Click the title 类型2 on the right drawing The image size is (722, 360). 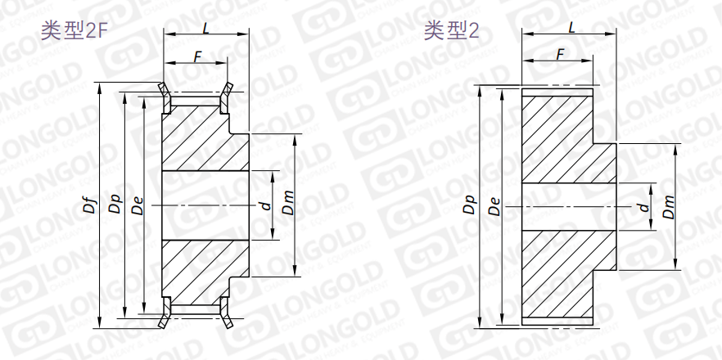click(451, 32)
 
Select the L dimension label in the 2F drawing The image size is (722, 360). click(205, 28)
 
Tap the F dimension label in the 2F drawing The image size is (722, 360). click(196, 56)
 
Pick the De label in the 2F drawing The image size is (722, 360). click(137, 205)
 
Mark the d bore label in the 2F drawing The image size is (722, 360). click(264, 205)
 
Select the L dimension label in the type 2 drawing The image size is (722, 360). click(571, 28)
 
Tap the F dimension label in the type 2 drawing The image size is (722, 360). click(560, 54)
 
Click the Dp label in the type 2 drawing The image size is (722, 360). click(469, 205)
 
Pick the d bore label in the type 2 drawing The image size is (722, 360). click(644, 207)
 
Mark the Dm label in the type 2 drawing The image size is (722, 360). click(669, 206)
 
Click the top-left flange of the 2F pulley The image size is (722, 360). click(165, 96)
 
